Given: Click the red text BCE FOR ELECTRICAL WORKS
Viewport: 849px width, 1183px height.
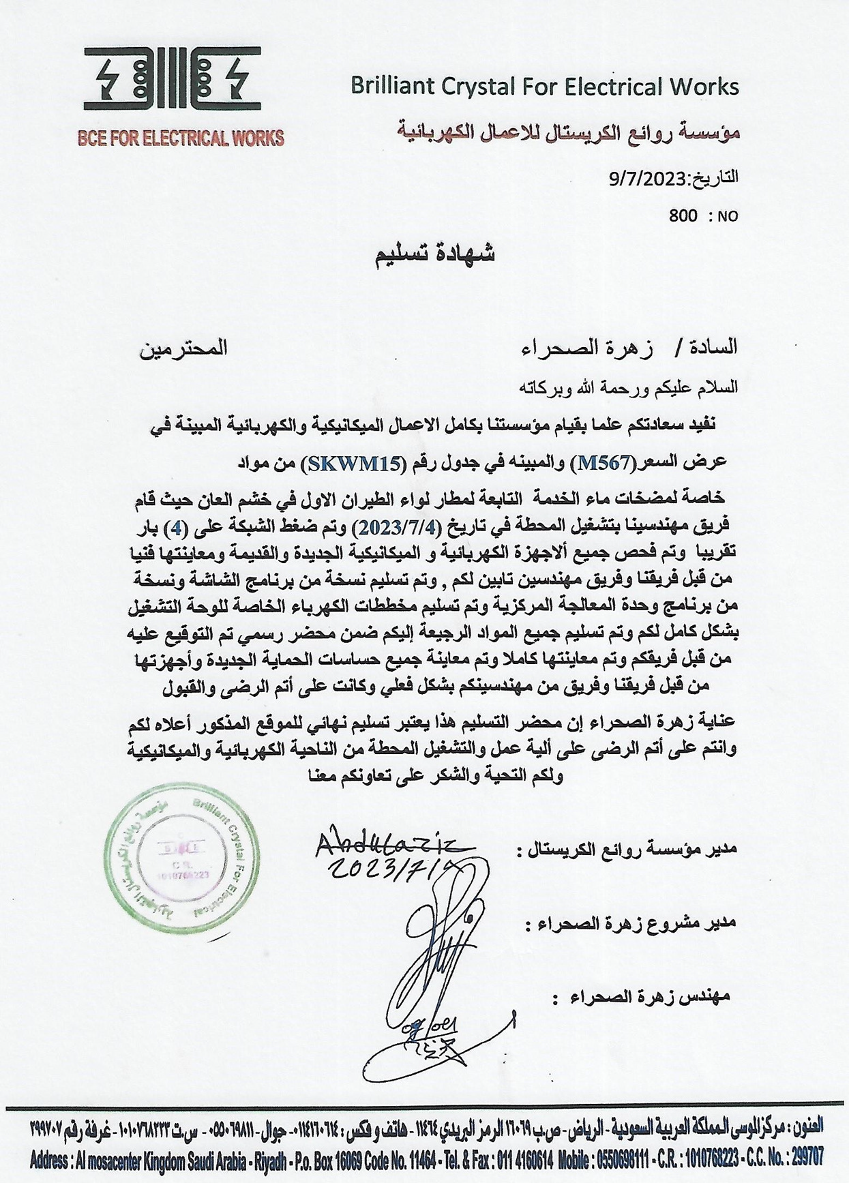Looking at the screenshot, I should pyautogui.click(x=181, y=138).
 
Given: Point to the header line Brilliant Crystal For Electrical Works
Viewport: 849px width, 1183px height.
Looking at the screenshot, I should pyautogui.click(x=544, y=87).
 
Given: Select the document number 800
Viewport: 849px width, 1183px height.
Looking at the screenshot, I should pyautogui.click(x=683, y=216).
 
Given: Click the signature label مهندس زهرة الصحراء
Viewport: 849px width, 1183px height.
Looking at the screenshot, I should pyautogui.click(x=644, y=996).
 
